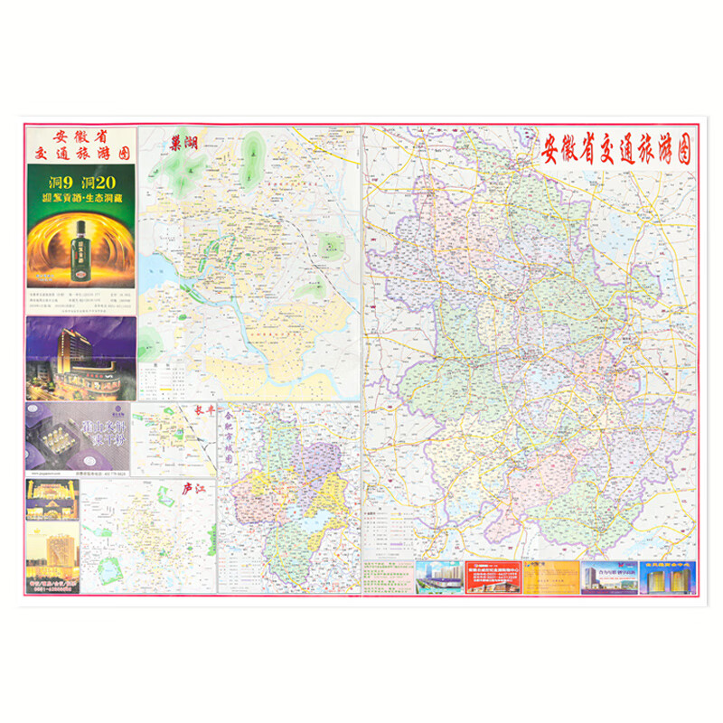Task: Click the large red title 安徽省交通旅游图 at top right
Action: click(x=616, y=149)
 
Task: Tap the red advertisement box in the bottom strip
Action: click(x=492, y=577)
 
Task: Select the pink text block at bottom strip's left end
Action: click(x=388, y=577)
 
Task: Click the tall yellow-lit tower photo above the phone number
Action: click(x=52, y=552)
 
